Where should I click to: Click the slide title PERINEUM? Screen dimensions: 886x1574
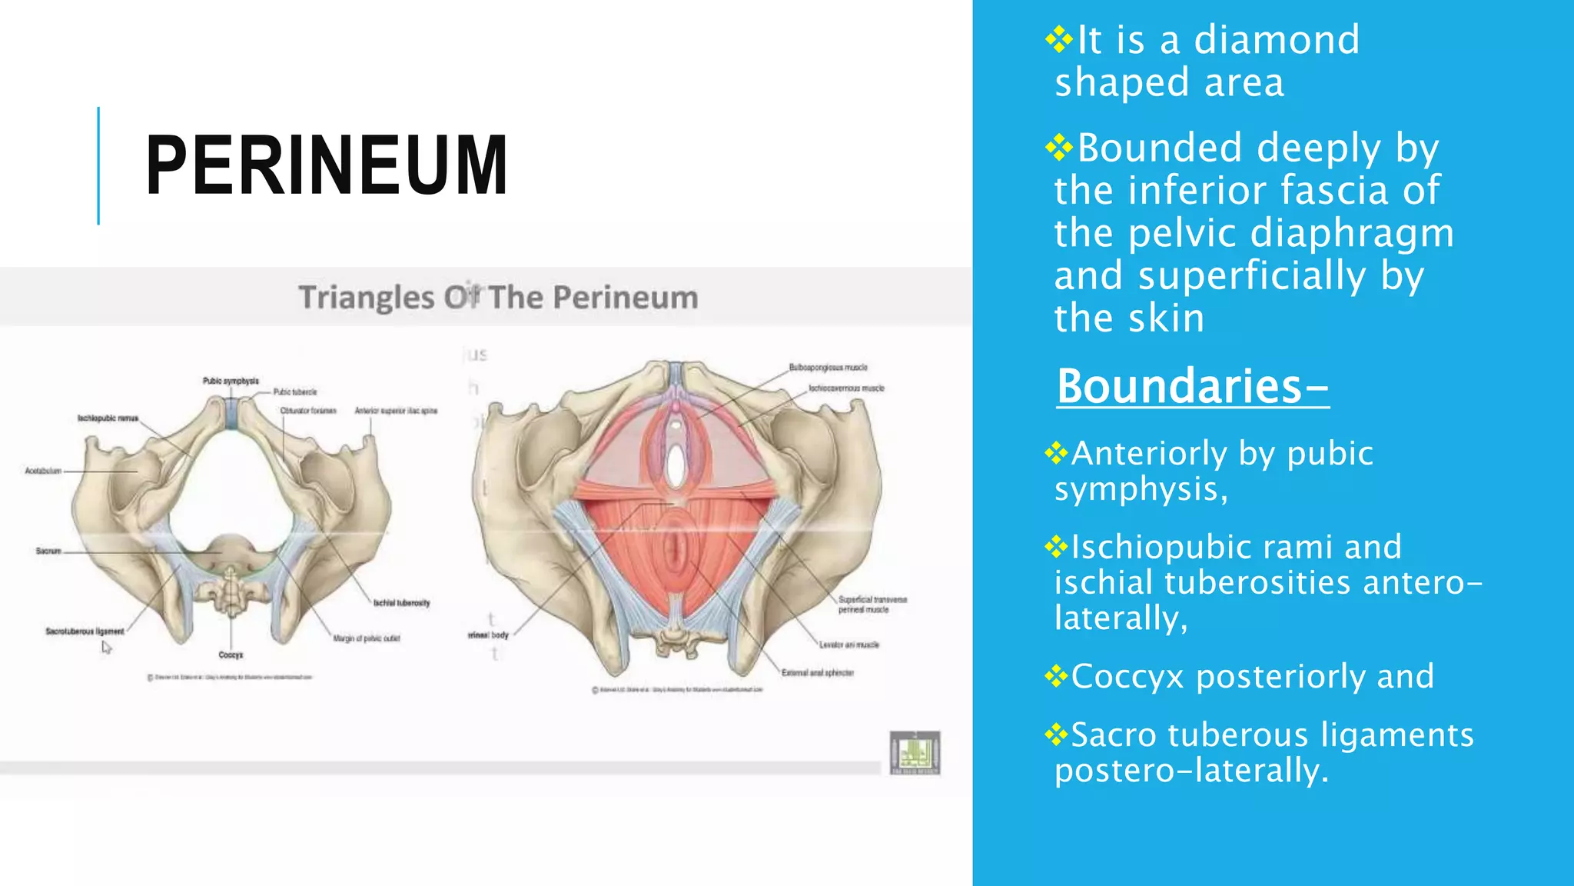pyautogui.click(x=327, y=165)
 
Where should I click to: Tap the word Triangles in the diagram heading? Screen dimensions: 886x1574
pyautogui.click(x=366, y=298)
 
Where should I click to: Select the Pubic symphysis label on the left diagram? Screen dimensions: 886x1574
pyautogui.click(x=231, y=381)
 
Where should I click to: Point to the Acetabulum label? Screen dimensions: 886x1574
pyautogui.click(x=43, y=471)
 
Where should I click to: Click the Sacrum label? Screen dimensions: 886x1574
pyautogui.click(x=48, y=551)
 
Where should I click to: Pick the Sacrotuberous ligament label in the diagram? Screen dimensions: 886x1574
pyautogui.click(x=85, y=631)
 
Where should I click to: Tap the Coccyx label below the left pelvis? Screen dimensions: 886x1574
pyautogui.click(x=231, y=655)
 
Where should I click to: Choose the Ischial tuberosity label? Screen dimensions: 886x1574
pyautogui.click(x=401, y=603)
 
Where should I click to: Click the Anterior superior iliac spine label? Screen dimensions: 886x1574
pyautogui.click(x=396, y=411)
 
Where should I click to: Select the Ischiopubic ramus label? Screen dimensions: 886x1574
pyautogui.click(x=108, y=418)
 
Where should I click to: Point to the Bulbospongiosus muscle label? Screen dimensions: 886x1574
pyautogui.click(x=828, y=368)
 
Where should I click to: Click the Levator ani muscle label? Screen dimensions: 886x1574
pyautogui.click(x=848, y=645)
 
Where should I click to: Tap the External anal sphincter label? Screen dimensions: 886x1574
pyautogui.click(x=817, y=673)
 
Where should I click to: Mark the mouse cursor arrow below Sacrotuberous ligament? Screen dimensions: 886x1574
pyautogui.click(x=106, y=648)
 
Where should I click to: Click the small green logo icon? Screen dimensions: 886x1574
pyautogui.click(x=915, y=752)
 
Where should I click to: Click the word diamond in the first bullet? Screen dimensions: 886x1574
pyautogui.click(x=1277, y=40)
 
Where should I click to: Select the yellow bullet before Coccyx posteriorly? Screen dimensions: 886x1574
pyautogui.click(x=1057, y=676)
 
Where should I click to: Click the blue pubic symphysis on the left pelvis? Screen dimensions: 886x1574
pyautogui.click(x=231, y=414)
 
